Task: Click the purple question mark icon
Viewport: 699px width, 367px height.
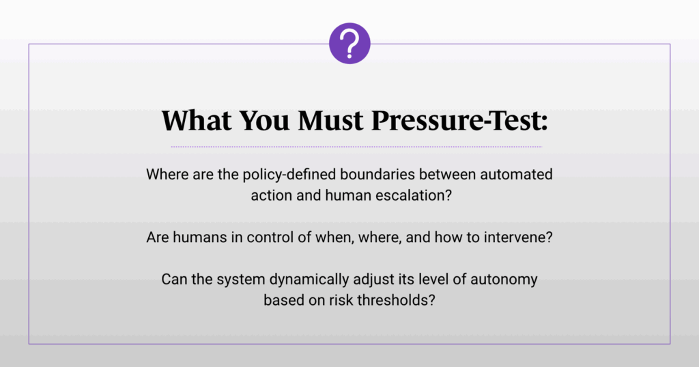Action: click(x=349, y=43)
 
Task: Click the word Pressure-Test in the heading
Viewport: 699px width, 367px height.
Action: click(x=459, y=120)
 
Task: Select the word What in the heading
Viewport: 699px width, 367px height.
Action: click(x=197, y=120)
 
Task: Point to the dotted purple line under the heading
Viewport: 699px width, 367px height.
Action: click(x=356, y=147)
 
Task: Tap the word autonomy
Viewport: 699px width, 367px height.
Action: click(x=504, y=280)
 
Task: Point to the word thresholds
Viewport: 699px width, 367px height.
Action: click(x=396, y=300)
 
